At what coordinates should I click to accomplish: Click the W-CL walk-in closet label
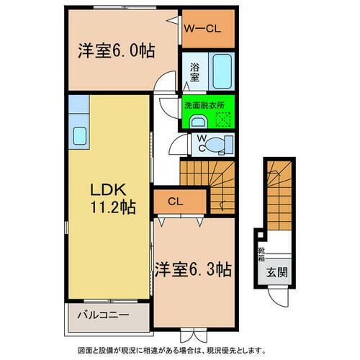coord(204,30)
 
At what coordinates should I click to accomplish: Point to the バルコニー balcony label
coord(109,315)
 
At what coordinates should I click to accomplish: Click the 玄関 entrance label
coord(276,272)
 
